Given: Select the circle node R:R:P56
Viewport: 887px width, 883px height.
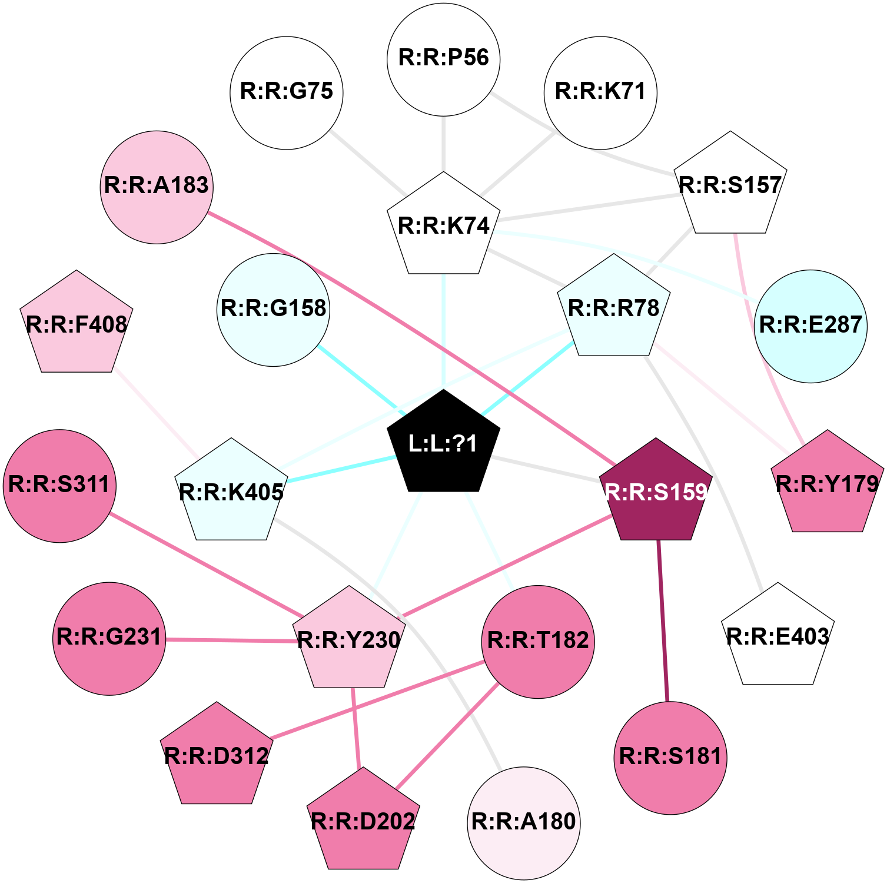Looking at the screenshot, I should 443,59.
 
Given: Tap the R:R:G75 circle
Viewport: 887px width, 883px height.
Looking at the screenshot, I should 287,92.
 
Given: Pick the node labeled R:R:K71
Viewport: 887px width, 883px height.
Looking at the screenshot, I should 600,92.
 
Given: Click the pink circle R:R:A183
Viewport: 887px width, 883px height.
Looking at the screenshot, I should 157,187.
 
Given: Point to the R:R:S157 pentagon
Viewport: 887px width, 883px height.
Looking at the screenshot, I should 730,185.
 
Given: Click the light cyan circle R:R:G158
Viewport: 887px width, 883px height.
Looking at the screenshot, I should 274,310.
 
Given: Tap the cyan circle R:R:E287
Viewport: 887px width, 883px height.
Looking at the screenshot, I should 810,326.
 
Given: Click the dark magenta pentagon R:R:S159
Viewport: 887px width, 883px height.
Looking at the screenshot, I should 656,492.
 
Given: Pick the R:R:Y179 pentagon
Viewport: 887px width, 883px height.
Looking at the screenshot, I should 827,484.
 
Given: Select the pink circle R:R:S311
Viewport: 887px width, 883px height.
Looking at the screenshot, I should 59,486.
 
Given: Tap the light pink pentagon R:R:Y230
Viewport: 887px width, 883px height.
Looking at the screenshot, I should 349,640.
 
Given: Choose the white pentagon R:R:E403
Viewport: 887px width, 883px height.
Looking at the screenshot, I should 778,637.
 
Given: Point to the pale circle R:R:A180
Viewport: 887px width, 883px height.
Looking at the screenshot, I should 523,822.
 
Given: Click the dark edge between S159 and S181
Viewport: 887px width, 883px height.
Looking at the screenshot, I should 663,620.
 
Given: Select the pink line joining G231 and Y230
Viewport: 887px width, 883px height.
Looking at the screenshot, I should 230,640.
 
